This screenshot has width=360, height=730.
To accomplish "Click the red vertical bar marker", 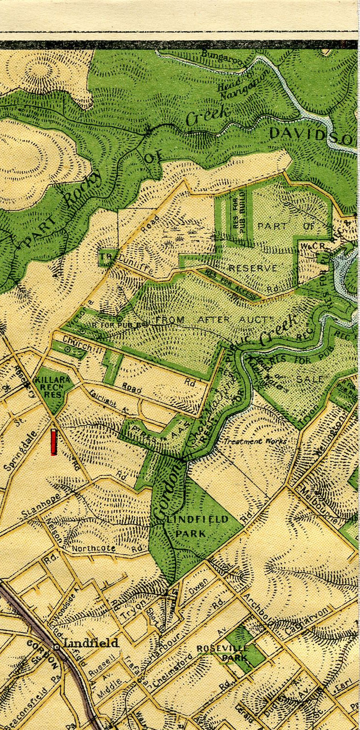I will point(54,442).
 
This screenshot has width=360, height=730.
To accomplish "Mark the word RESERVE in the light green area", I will point(253,268).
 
